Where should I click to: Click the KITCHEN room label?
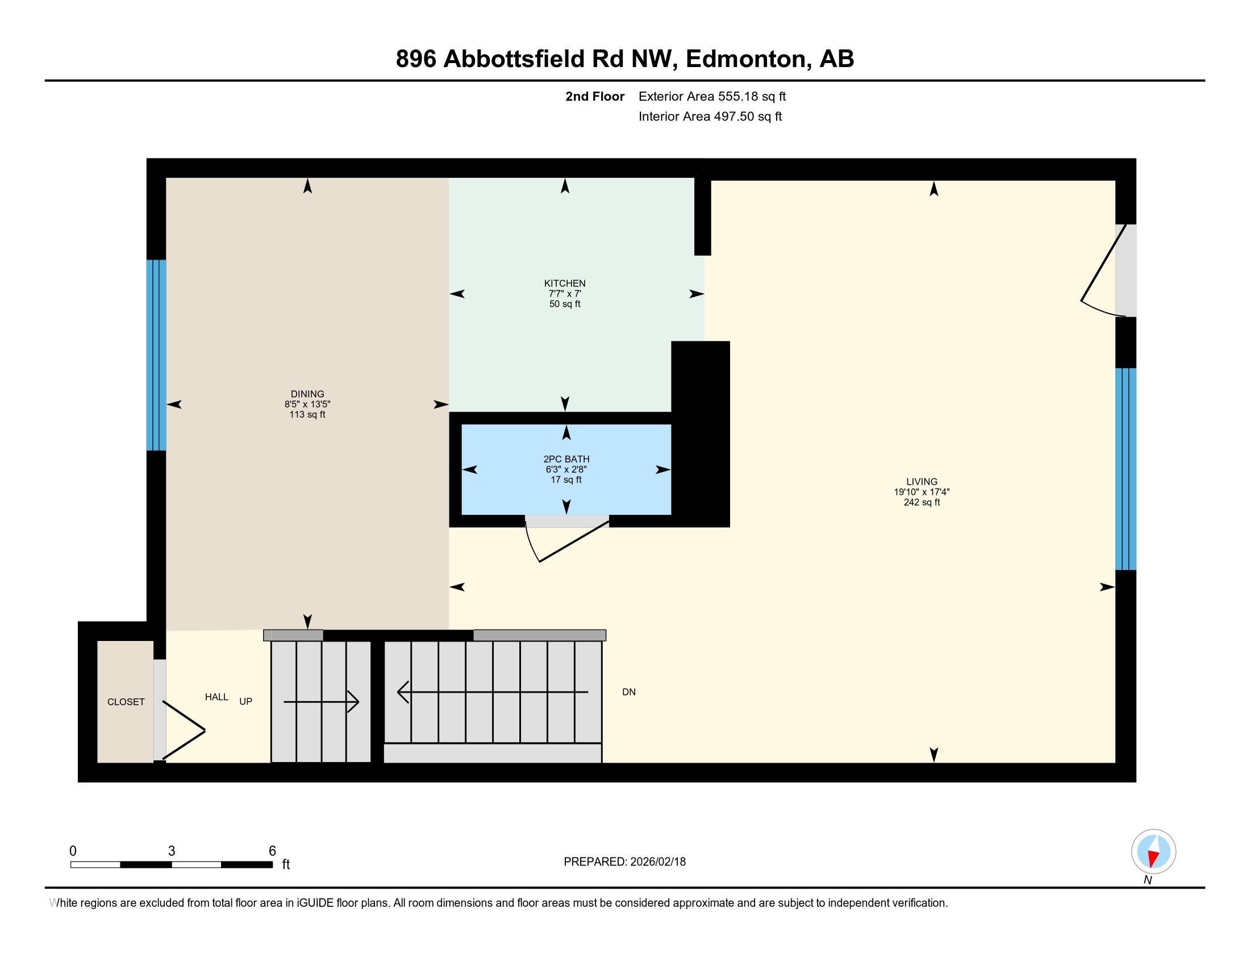pyautogui.click(x=564, y=284)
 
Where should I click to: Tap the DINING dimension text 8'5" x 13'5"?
pyautogui.click(x=307, y=404)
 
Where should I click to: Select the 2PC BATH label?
pyautogui.click(x=566, y=459)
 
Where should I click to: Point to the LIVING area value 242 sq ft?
pyautogui.click(x=922, y=502)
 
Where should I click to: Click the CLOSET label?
pyautogui.click(x=126, y=702)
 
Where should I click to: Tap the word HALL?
pyautogui.click(x=216, y=697)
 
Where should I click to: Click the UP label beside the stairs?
pyautogui.click(x=245, y=701)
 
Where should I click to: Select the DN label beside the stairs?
pyautogui.click(x=628, y=692)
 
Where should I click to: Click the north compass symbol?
pyautogui.click(x=1153, y=852)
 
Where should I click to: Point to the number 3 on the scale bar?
pyautogui.click(x=171, y=851)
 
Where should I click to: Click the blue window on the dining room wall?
pyautogui.click(x=156, y=355)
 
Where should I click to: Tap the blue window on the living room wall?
pyautogui.click(x=1125, y=469)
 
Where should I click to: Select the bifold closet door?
pyautogui.click(x=184, y=730)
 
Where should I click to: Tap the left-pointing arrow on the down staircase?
pyautogui.click(x=403, y=692)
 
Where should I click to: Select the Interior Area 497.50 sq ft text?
pyautogui.click(x=710, y=116)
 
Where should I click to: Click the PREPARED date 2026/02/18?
pyautogui.click(x=657, y=862)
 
